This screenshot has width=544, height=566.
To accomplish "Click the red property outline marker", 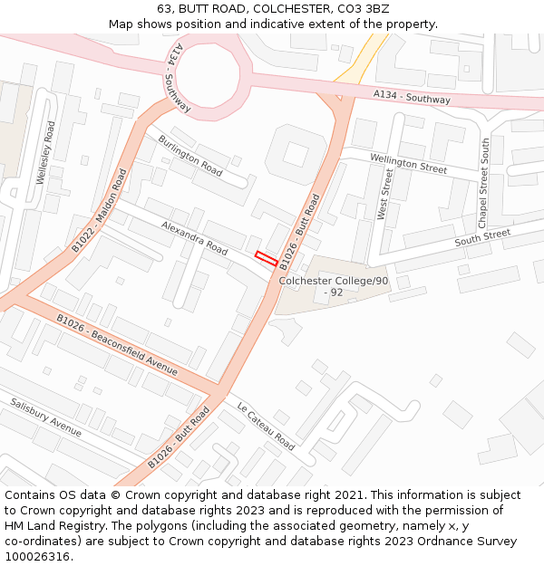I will pos(266,258).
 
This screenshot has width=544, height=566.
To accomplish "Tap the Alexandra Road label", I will pos(194,237).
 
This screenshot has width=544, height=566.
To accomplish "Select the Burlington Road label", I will pos(189,156).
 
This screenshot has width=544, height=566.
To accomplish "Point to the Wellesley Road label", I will pos(44,153).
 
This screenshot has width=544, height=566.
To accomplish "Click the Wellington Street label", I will pos(408,163).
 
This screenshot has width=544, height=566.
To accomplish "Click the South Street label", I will pos(482,238).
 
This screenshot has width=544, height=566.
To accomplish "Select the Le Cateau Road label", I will pos(266,425).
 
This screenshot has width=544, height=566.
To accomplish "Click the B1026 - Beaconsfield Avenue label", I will pos(117,344).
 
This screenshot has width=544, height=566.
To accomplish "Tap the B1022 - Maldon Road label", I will pos(100,210).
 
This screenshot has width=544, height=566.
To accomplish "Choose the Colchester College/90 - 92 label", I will pos(333,286).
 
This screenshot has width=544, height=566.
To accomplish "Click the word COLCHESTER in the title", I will pos(276,8).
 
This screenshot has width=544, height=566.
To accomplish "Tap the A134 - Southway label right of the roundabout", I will pos(412,96).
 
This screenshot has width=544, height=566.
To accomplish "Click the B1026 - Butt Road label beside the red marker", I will pos(300,232).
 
